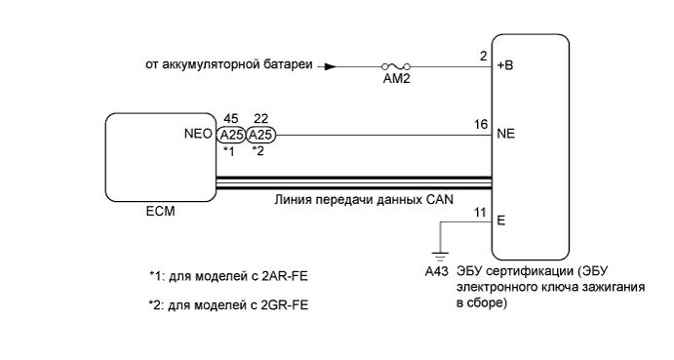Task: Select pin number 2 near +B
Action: (483, 58)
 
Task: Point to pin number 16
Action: (480, 126)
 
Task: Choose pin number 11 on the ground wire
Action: (480, 212)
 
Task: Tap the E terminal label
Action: (501, 220)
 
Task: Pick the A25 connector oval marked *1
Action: (231, 136)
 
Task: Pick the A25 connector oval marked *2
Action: (260, 136)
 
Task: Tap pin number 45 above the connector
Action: (231, 119)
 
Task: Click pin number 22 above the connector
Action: (260, 119)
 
